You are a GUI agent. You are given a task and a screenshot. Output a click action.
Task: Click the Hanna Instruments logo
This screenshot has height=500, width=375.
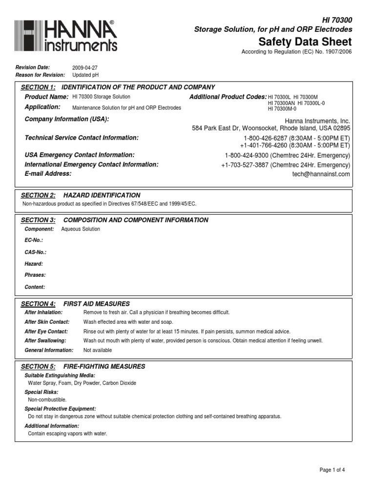pyautogui.click(x=66, y=36)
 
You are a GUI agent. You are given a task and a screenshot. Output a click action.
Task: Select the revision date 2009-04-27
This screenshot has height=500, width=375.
pyautogui.click(x=85, y=67)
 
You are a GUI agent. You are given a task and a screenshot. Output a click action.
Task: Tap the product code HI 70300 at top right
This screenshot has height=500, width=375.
pyautogui.click(x=336, y=20)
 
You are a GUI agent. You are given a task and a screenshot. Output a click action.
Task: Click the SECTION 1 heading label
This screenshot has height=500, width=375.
pyautogui.click(x=38, y=87)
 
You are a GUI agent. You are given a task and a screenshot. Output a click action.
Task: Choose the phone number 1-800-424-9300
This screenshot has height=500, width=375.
pyautogui.click(x=247, y=155)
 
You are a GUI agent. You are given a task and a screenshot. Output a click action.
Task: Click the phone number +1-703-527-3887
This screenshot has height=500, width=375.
pyautogui.click(x=245, y=165)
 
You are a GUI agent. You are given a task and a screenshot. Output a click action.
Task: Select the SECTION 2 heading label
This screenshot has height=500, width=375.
pyautogui.click(x=38, y=195)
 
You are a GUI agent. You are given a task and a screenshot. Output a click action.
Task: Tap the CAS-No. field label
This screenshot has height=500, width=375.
pyautogui.click(x=36, y=252)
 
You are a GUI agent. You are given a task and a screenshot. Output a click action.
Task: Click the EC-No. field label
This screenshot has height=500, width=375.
pyautogui.click(x=34, y=240)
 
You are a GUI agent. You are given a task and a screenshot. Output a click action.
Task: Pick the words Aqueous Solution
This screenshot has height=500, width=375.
pyautogui.click(x=81, y=229)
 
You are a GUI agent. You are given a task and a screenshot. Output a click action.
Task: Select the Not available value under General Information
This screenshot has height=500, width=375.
pyautogui.click(x=98, y=350)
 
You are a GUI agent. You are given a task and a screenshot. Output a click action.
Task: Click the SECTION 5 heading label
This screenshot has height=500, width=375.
pyautogui.click(x=38, y=366)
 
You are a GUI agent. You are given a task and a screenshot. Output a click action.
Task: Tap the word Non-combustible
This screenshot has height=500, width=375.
pyautogui.click(x=47, y=399)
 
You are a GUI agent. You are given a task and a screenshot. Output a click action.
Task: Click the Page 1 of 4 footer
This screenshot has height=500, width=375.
pyautogui.click(x=332, y=470)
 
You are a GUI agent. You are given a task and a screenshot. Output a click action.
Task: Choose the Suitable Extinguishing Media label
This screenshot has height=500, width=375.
pyautogui.click(x=60, y=375)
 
